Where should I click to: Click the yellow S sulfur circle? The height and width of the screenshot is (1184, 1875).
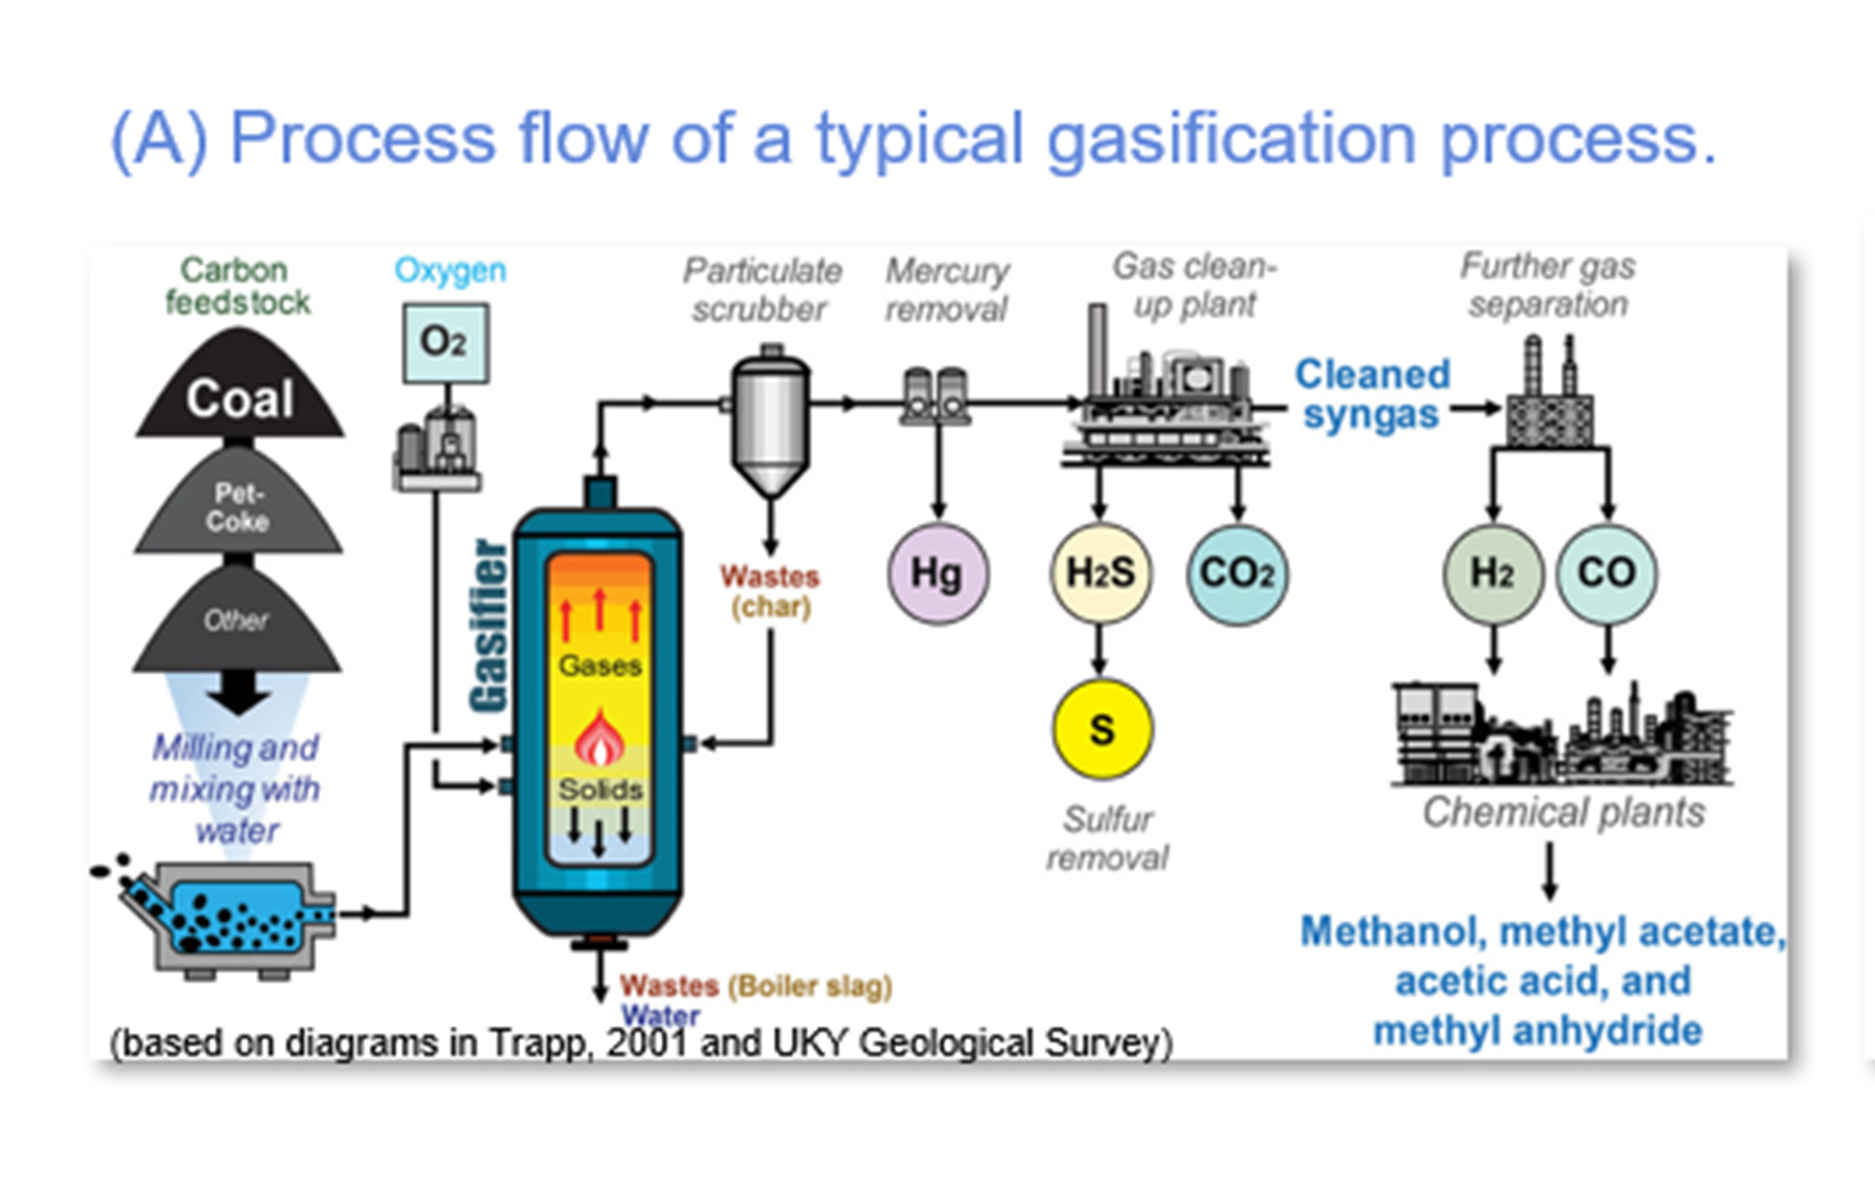pos(1101,729)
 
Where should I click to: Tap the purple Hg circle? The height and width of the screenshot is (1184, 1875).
pos(937,573)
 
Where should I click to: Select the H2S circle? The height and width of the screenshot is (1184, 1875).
pos(1100,573)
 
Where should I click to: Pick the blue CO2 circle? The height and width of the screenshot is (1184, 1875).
pos(1237,573)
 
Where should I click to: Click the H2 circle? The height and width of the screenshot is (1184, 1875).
pos(1493,573)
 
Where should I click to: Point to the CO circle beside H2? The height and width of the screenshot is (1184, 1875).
pos(1607,573)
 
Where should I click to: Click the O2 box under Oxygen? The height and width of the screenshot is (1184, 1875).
pos(445,342)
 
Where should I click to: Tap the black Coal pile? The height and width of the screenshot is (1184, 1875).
pos(240,384)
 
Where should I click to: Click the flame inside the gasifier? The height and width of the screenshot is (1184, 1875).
pos(599,739)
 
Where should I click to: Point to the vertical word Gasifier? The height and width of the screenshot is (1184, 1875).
pos(489,625)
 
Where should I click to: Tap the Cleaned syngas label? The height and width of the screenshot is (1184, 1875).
pos(1372,394)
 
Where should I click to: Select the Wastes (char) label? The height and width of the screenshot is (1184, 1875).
pos(770,590)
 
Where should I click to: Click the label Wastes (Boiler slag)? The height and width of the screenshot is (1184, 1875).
pos(756,986)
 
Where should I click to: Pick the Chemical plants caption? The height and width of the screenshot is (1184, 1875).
pos(1563,812)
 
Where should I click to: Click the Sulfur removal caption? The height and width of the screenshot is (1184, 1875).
pos(1107,839)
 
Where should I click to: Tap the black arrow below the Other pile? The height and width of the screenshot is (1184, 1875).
pos(238,692)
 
